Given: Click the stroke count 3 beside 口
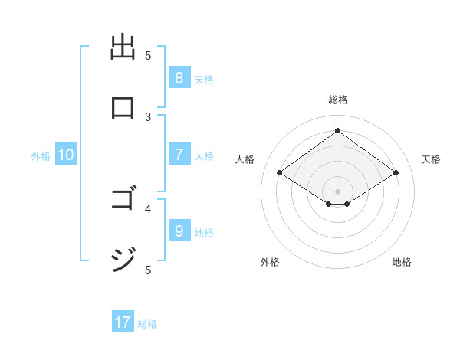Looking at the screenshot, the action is point(149,116).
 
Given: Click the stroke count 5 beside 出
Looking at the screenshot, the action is point(149,56).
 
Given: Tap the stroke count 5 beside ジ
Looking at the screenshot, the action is point(149,269).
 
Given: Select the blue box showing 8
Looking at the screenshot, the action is point(179,78).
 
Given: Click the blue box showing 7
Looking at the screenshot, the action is point(179,155).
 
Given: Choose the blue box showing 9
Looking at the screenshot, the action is point(179,231).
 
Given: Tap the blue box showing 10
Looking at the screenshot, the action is point(65,155).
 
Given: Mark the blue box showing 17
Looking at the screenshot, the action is point(123,322).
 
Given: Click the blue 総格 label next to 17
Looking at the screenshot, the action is point(147,324).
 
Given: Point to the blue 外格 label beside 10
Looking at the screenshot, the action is point(41,156).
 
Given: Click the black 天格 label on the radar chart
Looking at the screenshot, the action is point(431,159).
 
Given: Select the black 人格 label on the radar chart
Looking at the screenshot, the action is point(245,159).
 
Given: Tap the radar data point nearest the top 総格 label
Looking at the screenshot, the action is point(337,131).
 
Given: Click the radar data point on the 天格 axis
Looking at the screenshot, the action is point(396,173).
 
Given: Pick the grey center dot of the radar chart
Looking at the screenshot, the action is point(337,191).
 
